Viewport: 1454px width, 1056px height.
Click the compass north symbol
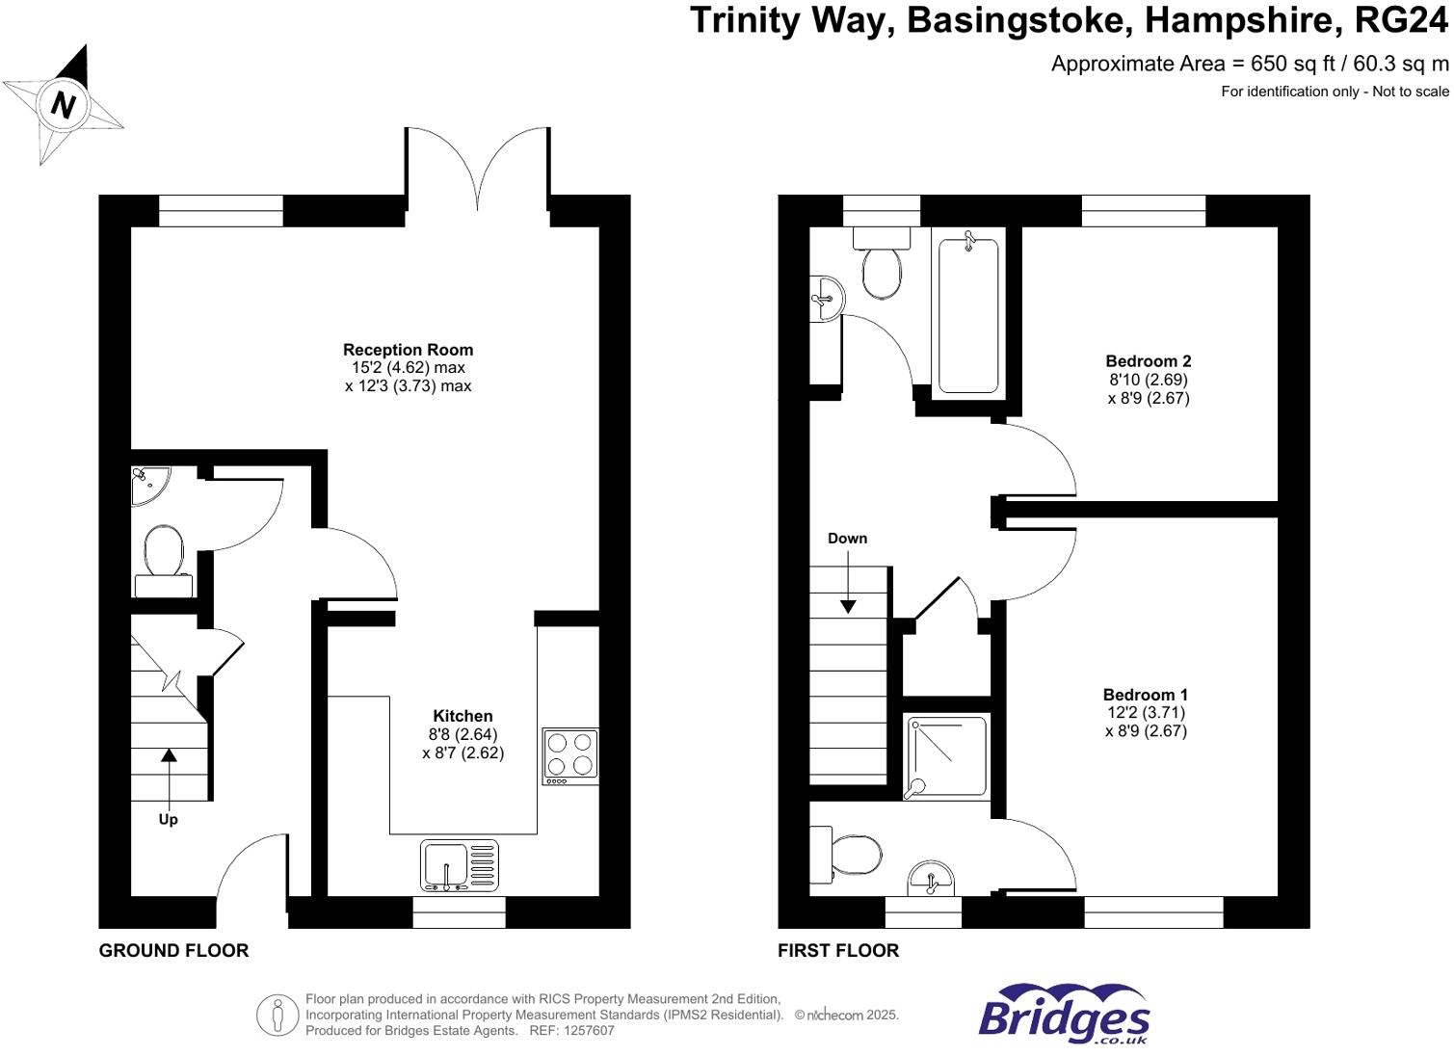pyautogui.click(x=63, y=104)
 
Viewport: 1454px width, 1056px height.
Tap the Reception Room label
pyautogui.click(x=408, y=350)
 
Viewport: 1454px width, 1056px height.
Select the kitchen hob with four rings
pyautogui.click(x=569, y=754)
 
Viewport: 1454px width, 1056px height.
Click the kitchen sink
pyautogui.click(x=460, y=864)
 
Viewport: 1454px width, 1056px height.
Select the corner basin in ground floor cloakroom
pyautogui.click(x=148, y=484)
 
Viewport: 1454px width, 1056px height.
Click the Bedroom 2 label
pyautogui.click(x=1148, y=361)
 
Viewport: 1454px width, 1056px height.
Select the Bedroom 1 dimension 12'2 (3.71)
pyautogui.click(x=1146, y=713)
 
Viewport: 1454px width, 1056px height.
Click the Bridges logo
pyautogui.click(x=1063, y=1016)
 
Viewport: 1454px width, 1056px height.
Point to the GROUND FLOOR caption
pyautogui.click(x=173, y=951)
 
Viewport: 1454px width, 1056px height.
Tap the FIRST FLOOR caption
pyautogui.click(x=838, y=951)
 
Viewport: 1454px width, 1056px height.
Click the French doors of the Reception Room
pyautogui.click(x=477, y=169)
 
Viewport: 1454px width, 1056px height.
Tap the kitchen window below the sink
pyautogui.click(x=459, y=912)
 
